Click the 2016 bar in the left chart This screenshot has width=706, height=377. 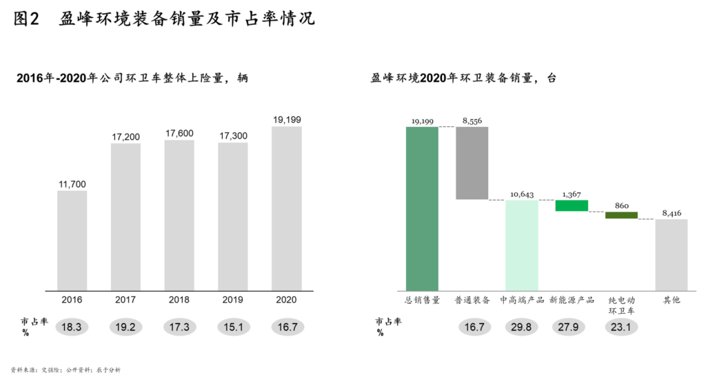point(72,240)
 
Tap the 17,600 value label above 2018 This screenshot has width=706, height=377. point(179,134)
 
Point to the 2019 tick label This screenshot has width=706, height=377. point(233,300)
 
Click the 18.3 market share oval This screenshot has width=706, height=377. point(72,327)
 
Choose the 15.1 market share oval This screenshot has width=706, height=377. point(233,327)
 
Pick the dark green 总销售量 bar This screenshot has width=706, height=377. point(422,208)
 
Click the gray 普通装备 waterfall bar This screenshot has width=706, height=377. point(472,163)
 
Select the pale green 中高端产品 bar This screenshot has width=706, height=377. point(522,245)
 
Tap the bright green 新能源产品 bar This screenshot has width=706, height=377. point(572,205)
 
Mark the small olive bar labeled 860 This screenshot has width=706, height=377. point(621,215)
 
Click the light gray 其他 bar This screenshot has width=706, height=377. point(672,254)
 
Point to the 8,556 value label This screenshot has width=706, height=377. point(472,121)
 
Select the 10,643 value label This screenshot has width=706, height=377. point(522,194)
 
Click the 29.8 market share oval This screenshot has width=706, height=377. point(522,327)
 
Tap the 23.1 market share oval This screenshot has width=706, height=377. point(621,327)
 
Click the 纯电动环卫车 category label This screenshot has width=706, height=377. point(621,305)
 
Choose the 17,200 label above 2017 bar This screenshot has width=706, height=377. point(126,137)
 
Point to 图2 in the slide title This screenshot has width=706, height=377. point(26,19)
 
